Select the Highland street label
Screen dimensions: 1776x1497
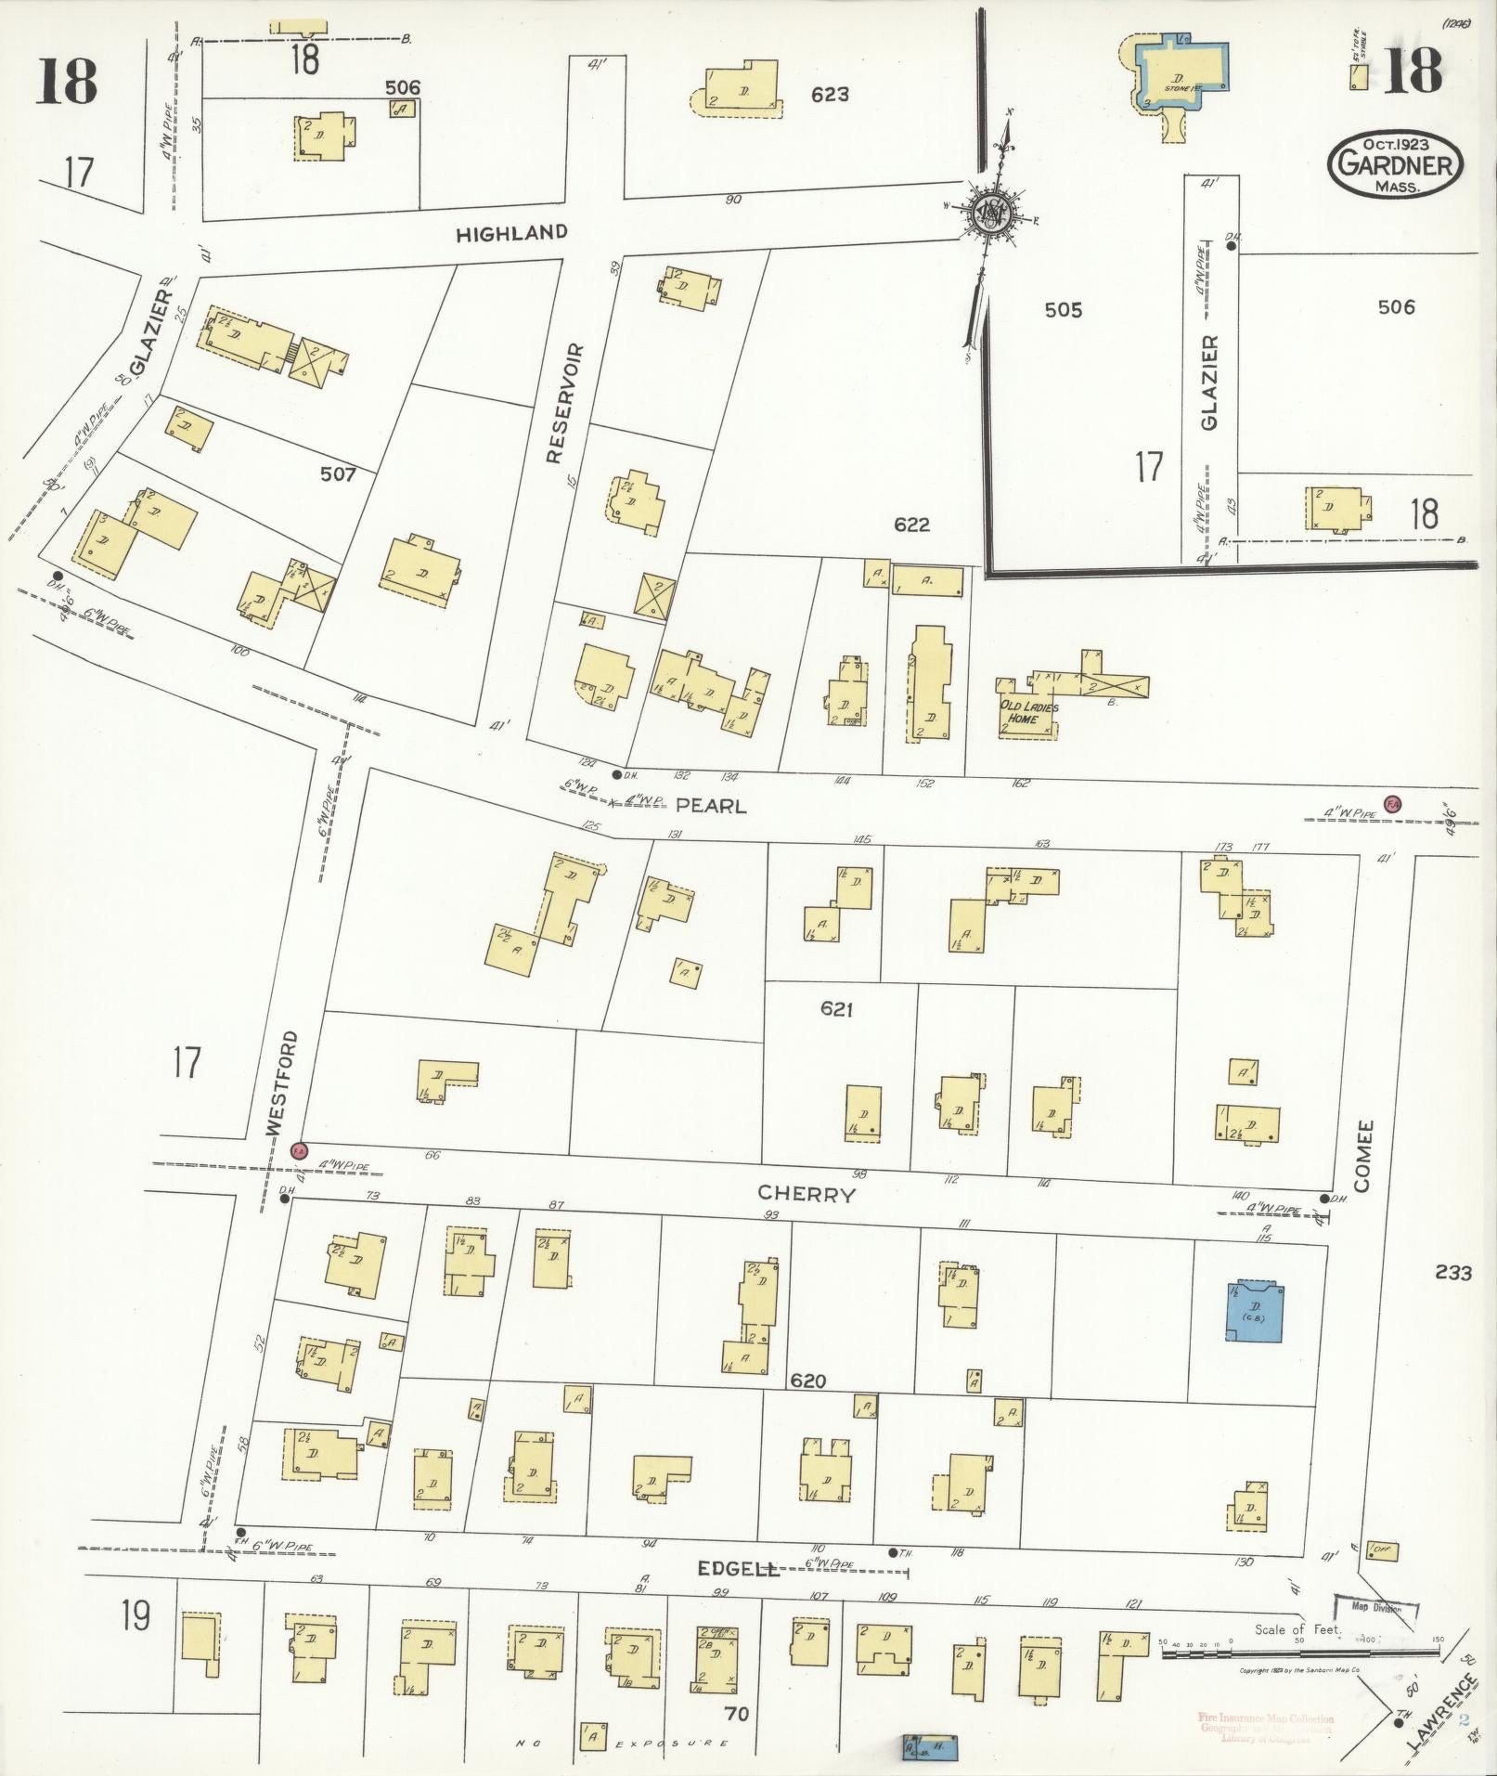coord(510,233)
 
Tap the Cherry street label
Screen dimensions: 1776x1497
coord(805,1194)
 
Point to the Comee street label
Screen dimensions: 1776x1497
coord(1363,1156)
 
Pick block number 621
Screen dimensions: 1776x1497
coord(836,1009)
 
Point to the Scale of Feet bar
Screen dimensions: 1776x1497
coord(1299,1641)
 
